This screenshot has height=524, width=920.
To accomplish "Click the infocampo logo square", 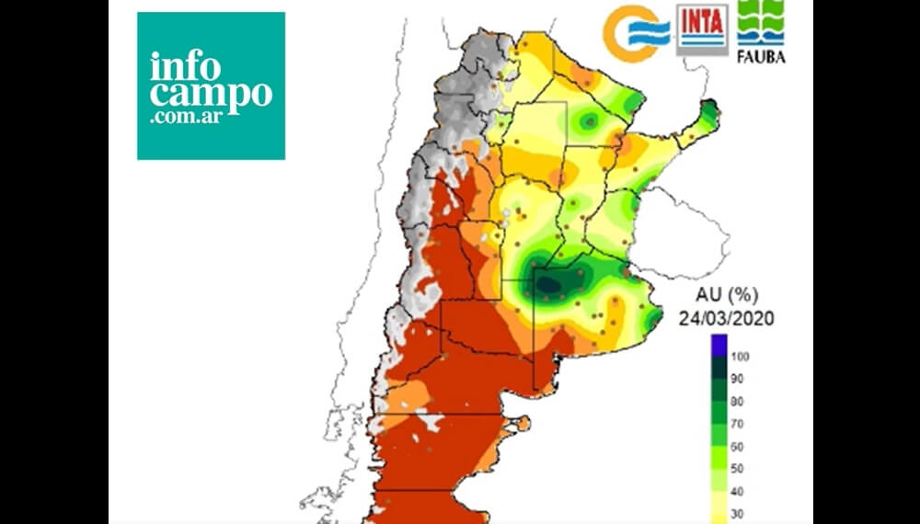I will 211,85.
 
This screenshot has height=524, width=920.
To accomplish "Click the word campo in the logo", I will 212,95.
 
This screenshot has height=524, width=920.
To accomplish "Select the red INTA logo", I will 702,28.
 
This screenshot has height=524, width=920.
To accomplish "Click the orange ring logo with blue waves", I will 636,34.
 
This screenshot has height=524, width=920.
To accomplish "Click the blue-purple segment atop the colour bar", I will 718,347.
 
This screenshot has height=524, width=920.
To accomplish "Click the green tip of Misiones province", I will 707,114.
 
